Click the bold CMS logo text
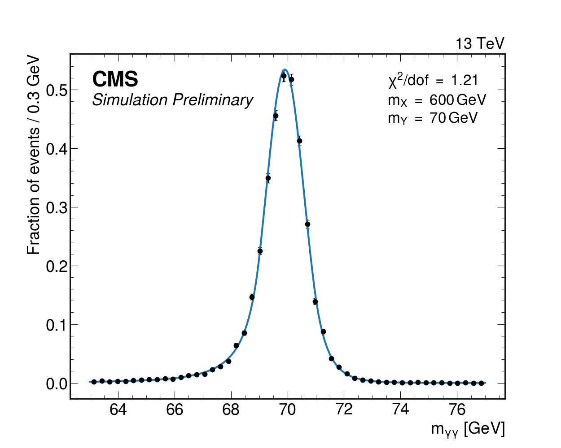(115, 80)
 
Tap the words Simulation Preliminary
(173, 100)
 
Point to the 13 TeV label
(480, 44)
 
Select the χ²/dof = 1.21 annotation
(433, 80)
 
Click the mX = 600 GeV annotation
(437, 100)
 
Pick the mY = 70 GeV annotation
(433, 118)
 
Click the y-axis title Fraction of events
(34, 155)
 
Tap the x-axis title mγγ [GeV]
(468, 429)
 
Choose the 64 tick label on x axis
(118, 409)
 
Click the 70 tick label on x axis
(288, 409)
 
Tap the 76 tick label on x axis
(457, 409)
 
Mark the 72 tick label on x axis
(344, 409)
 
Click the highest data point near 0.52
(284, 76)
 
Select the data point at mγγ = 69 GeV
(260, 251)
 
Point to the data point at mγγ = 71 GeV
(315, 302)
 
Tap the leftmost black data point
(94, 382)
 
